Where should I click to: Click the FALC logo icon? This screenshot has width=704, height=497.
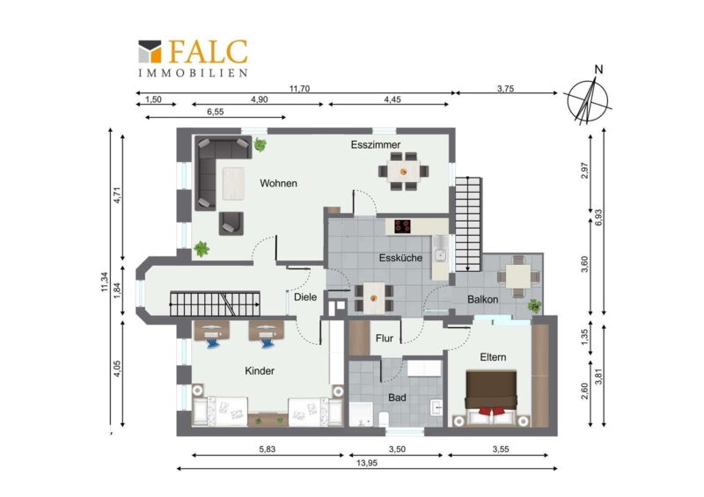tap(150, 51)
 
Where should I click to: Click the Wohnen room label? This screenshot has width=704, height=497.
tap(278, 183)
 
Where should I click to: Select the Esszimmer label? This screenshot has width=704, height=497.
tap(376, 144)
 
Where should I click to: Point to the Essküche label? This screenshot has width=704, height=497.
tap(400, 258)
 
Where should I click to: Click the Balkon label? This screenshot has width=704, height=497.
tap(482, 299)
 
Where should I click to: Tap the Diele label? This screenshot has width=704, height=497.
tap(305, 296)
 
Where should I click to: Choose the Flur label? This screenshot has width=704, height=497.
tap(385, 338)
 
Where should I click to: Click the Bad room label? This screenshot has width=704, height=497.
tap(397, 398)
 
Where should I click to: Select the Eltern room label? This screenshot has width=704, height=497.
tap(493, 357)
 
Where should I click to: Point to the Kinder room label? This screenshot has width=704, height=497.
tap(260, 371)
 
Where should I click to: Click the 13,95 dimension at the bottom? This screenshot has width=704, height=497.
tap(367, 463)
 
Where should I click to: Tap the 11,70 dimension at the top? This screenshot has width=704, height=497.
tap(299, 89)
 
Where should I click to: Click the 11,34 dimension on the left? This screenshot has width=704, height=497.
tap(105, 282)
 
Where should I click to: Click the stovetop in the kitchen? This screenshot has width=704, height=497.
tap(403, 226)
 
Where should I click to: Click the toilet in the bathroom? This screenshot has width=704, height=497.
tap(384, 420)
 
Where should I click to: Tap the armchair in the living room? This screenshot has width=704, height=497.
tap(231, 223)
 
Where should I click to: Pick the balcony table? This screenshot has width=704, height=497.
tap(518, 276)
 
